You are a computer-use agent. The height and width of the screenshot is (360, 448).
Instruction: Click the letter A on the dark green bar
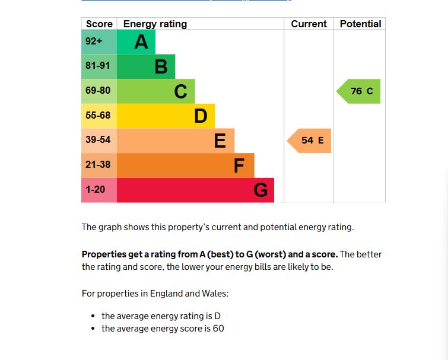tap(141, 42)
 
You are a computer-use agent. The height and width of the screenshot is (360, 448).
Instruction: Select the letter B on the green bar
tap(161, 67)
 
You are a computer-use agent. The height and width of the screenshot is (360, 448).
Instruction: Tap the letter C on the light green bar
tap(180, 92)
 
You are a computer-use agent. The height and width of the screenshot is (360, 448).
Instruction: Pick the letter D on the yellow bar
tap(201, 116)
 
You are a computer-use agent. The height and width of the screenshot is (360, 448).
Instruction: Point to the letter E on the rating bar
tap(220, 141)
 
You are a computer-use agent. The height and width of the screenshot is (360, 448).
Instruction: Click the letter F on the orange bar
tap(239, 166)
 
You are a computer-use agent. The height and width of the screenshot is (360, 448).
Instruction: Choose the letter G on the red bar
tap(260, 190)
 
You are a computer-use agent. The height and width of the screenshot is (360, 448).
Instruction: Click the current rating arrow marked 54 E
tap(310, 141)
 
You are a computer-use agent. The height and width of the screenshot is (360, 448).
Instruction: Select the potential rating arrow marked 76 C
tap(360, 91)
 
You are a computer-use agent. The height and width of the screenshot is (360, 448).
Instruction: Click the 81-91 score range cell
tap(99, 66)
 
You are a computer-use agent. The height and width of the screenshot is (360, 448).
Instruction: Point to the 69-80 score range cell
tap(99, 91)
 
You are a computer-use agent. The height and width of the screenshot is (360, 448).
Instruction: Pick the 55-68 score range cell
tap(99, 116)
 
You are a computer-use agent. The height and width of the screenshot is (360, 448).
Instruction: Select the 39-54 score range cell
tap(99, 141)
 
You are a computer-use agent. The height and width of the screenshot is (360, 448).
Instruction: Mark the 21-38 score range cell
tap(99, 165)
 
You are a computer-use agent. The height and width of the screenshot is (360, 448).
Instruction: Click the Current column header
tap(309, 24)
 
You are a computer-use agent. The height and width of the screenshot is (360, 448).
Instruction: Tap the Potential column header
tap(360, 24)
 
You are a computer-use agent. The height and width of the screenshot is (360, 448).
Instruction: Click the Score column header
tap(99, 24)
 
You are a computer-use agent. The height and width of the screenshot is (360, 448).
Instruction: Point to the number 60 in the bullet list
tap(218, 329)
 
